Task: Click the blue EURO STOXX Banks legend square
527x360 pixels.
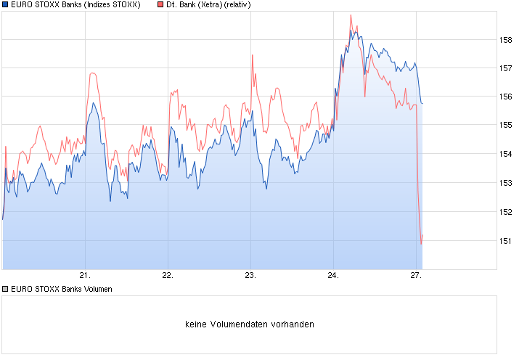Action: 5,5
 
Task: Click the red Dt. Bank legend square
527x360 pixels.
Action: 160,5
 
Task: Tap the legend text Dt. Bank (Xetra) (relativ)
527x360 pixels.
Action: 209,5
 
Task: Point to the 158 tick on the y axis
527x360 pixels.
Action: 507,40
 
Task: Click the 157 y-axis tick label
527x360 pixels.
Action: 507,68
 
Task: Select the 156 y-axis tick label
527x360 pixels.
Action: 507,97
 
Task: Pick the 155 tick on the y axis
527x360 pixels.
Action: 507,126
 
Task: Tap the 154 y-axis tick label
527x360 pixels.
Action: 507,154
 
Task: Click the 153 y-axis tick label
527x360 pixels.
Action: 507,183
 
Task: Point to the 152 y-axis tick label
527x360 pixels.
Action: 507,212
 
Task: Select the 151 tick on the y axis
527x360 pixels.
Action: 507,240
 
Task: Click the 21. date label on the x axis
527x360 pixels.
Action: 85,276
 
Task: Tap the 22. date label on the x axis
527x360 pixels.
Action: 168,276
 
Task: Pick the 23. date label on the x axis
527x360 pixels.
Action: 250,276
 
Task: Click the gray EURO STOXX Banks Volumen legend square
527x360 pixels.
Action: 5,289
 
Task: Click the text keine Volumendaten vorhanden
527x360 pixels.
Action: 250,324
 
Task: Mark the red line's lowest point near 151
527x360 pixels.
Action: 421,244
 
